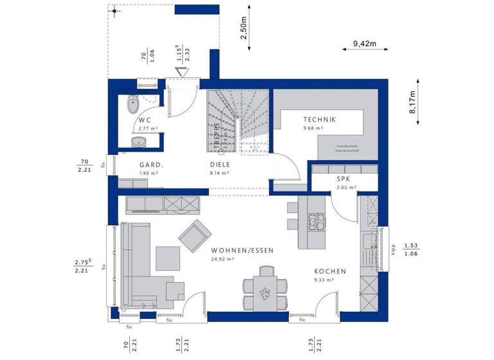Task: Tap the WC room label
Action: [x=144, y=120]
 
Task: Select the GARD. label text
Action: [x=151, y=165]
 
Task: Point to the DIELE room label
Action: [x=219, y=165]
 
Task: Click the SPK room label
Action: [x=342, y=179]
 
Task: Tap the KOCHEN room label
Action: [x=330, y=271]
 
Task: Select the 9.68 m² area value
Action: [x=313, y=129]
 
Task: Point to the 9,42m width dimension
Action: [x=364, y=45]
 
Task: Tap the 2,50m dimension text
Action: [x=244, y=29]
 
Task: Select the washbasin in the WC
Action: [x=138, y=141]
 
